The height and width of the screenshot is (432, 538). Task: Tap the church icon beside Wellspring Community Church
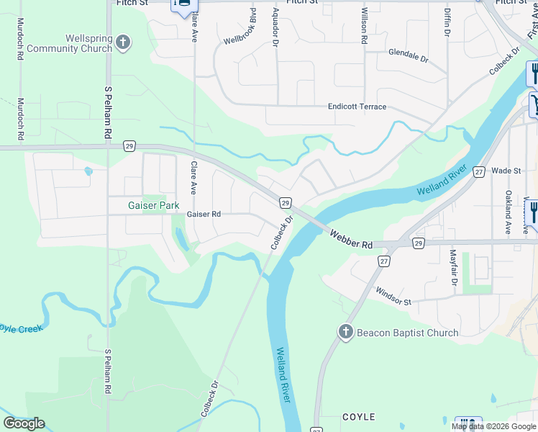coord(123,42)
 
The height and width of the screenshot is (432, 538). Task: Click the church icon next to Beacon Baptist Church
coord(345,332)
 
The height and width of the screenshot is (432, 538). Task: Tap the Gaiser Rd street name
coord(204,214)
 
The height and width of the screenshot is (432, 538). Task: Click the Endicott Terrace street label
coord(357,107)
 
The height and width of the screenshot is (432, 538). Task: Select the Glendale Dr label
coord(408,53)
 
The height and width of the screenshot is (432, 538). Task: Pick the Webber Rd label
coord(351,240)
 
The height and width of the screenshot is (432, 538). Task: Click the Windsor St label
coord(393,296)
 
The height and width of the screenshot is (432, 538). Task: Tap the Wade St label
coord(506,171)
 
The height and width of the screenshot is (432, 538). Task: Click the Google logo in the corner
coord(24,423)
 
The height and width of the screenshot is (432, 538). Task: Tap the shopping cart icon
coord(535,104)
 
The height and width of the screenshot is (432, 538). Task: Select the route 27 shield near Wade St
coord(479,171)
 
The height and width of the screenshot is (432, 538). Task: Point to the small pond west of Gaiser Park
coord(88,171)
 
